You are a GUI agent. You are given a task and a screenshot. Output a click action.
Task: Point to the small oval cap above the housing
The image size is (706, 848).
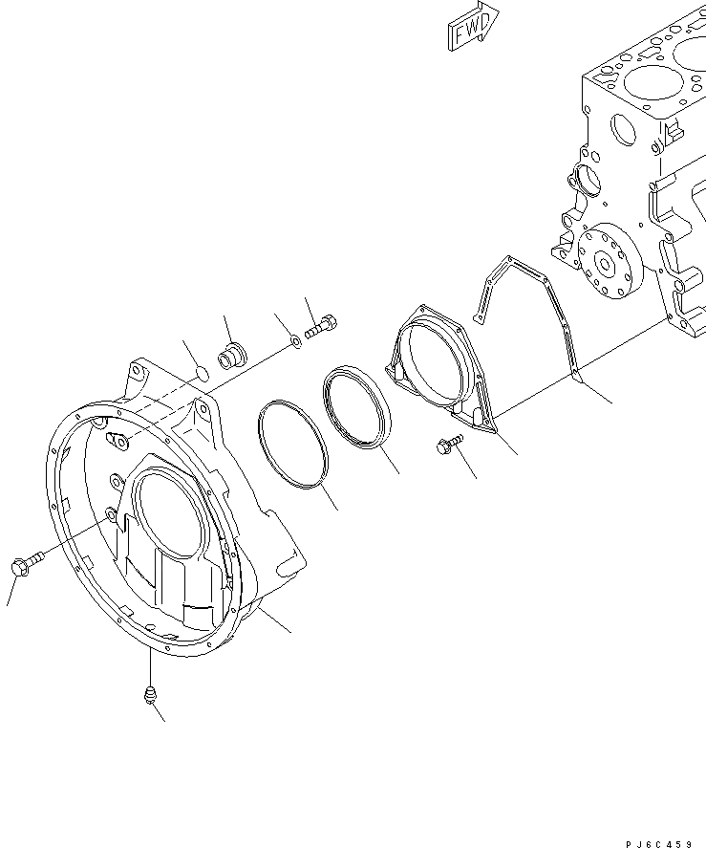pos(200,372)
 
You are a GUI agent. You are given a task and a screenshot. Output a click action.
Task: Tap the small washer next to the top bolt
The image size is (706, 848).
pos(294,341)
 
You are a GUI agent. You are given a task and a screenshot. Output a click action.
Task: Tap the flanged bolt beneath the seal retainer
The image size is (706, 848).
pos(448,442)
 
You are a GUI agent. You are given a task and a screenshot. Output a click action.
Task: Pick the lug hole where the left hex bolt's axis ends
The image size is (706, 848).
pos(112,515)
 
